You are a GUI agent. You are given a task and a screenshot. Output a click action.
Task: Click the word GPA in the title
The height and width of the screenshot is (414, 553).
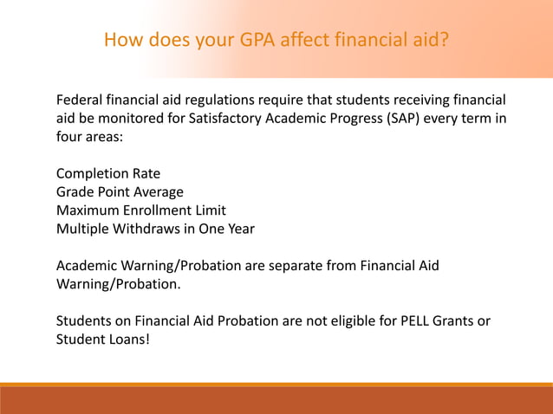(x=252, y=41)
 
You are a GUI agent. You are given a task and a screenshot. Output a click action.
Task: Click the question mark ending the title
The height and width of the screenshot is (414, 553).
(x=445, y=41)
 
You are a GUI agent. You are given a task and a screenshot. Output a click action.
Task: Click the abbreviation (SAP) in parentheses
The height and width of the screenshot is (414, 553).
(x=407, y=119)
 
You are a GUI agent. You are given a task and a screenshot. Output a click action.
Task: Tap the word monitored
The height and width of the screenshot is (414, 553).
(x=125, y=119)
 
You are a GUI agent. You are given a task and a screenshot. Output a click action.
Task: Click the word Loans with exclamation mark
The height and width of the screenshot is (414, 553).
(x=128, y=340)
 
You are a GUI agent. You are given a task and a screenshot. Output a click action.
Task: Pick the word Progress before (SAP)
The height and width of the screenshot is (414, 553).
(x=349, y=119)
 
